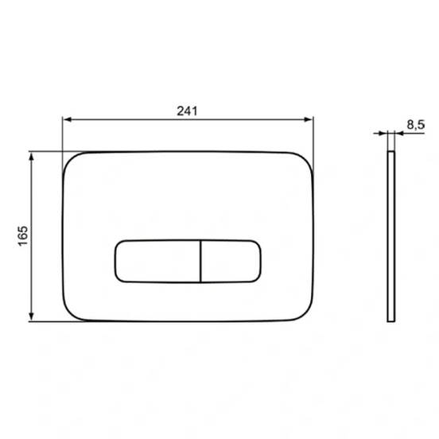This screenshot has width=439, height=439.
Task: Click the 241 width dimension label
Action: coord(187,111)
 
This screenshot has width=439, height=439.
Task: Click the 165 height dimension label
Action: coord(23,236)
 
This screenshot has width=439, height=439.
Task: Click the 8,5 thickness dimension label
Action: coord(416,125)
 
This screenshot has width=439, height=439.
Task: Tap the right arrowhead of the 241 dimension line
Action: coord(308,119)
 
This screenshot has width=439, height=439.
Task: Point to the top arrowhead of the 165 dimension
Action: coord(31,157)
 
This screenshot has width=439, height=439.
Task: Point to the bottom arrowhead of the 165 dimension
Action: coord(31,317)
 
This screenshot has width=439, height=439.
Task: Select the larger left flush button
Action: coord(157,261)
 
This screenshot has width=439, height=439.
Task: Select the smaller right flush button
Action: coord(231,261)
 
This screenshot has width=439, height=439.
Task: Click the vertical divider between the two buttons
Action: coord(200,261)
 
